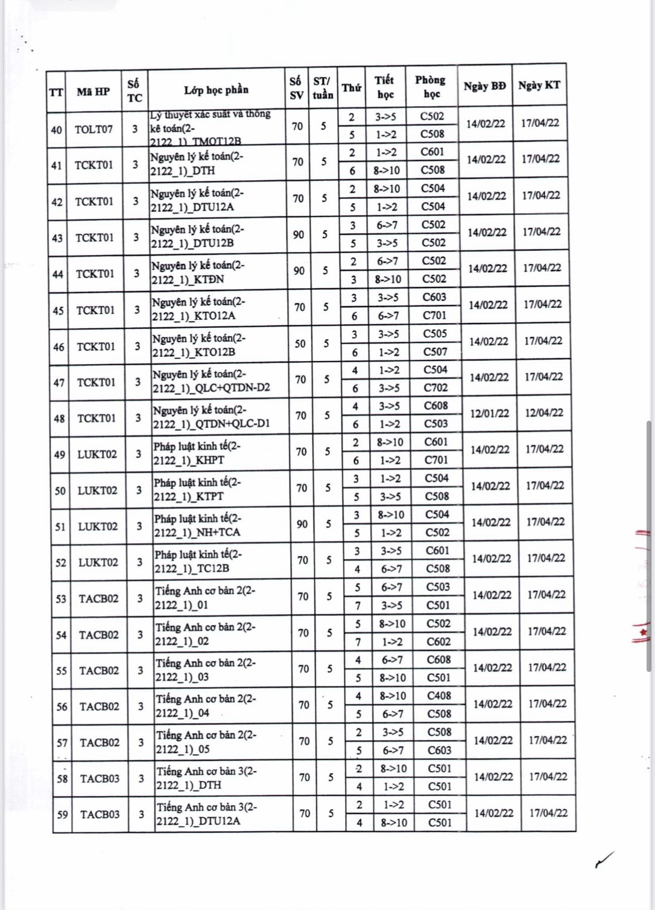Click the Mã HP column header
tap(93, 92)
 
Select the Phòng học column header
tap(431, 87)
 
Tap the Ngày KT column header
tap(539, 85)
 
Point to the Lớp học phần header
tap(216, 90)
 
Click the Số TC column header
tap(134, 90)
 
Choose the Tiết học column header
tap(385, 87)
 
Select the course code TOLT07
tap(93, 129)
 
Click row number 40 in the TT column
tap(56, 130)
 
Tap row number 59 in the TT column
tap(62, 814)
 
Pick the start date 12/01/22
tap(489, 413)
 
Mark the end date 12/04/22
tap(544, 413)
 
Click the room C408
tap(439, 695)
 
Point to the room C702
tap(435, 388)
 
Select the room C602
tap(438, 642)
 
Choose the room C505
tap(435, 333)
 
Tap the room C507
tap(435, 351)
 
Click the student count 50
tap(300, 344)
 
